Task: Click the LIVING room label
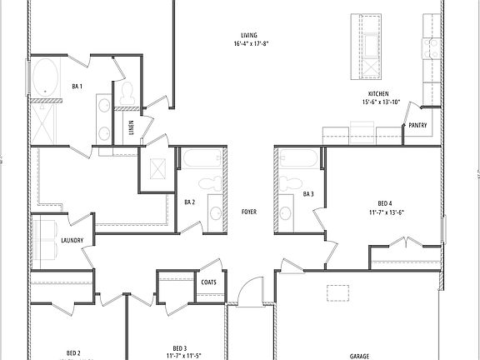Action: pyautogui.click(x=248, y=35)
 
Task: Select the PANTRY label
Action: pyautogui.click(x=417, y=126)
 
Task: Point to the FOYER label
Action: pyautogui.click(x=248, y=212)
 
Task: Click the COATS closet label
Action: pyautogui.click(x=208, y=282)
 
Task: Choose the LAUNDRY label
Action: pyautogui.click(x=72, y=241)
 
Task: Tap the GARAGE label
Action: pyautogui.click(x=359, y=354)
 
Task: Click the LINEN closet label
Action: pyautogui.click(x=132, y=127)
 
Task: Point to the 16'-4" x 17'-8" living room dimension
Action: pyautogui.click(x=248, y=44)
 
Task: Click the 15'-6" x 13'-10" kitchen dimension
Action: pyautogui.click(x=381, y=102)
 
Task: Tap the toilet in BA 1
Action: pyautogui.click(x=127, y=93)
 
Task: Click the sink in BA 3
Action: pyautogui.click(x=285, y=212)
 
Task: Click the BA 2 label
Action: pyautogui.click(x=189, y=202)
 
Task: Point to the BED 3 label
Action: pyautogui.click(x=179, y=347)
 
